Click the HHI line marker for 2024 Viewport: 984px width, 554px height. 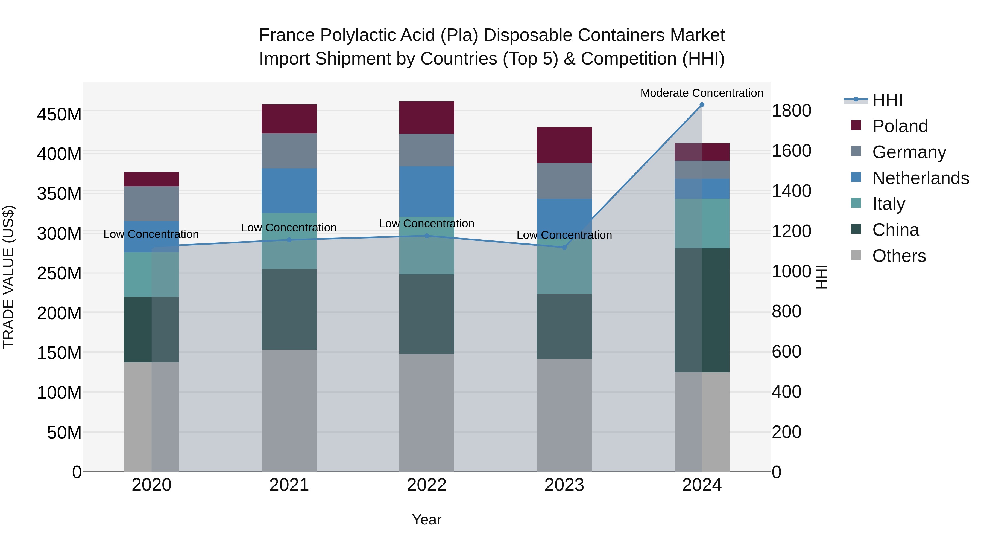coord(702,105)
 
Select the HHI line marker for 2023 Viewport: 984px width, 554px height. coord(564,247)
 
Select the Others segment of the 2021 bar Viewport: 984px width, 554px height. coord(289,411)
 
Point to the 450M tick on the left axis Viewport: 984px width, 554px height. coord(59,114)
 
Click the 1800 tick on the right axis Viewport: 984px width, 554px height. coord(792,111)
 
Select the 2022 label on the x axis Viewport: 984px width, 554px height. coord(427,485)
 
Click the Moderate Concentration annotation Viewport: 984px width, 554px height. coord(702,93)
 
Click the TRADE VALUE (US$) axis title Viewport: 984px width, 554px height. coord(8,277)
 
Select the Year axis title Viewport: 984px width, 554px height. coord(427,520)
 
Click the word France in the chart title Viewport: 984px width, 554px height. coord(287,35)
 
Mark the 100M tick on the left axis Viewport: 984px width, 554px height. coord(59,393)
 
